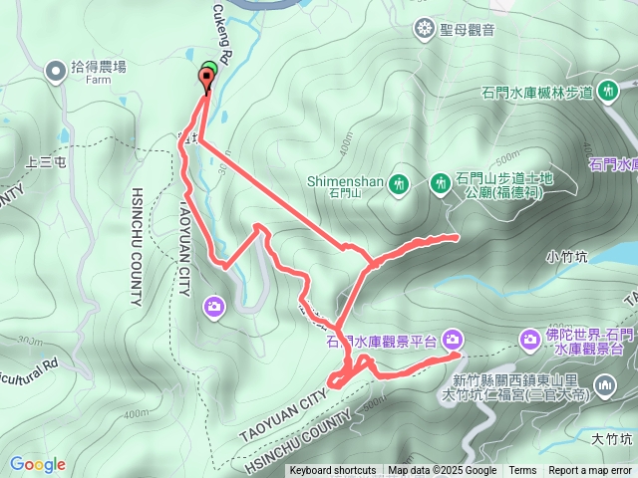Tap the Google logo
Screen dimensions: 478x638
click(37, 464)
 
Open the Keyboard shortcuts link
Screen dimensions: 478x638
click(332, 471)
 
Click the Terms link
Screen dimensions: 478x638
click(522, 471)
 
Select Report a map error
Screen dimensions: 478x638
click(590, 471)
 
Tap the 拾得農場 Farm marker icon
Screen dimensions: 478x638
click(56, 69)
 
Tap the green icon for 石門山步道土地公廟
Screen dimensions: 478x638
click(440, 183)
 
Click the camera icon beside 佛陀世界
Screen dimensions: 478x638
click(530, 340)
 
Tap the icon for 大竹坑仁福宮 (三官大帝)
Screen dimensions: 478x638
click(605, 385)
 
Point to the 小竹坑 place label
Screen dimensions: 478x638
click(567, 256)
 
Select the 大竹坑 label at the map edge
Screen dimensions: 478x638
click(612, 437)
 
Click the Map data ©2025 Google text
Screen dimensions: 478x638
click(442, 471)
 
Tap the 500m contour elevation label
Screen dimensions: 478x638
click(506, 157)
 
